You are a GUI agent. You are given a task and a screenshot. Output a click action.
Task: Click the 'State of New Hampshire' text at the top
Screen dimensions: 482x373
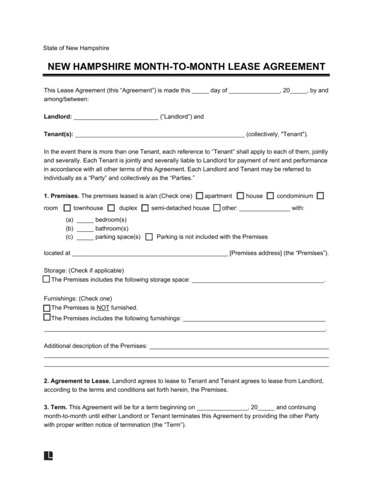(x=76, y=48)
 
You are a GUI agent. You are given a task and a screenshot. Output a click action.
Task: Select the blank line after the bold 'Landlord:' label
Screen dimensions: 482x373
(x=116, y=116)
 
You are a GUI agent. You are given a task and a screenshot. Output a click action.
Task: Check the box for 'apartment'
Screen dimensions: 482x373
(x=200, y=196)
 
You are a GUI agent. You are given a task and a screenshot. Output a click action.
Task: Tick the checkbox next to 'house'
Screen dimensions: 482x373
(x=240, y=196)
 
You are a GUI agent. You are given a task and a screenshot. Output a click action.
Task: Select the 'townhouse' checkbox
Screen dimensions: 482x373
(x=67, y=208)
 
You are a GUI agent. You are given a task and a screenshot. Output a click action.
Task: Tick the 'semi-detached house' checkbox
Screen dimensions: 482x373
(x=146, y=208)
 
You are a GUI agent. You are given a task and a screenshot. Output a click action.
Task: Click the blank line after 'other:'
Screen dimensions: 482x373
(x=264, y=208)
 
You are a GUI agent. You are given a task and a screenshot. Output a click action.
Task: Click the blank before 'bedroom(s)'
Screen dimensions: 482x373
(x=85, y=221)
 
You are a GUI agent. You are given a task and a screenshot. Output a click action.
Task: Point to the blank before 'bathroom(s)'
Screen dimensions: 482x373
(x=85, y=229)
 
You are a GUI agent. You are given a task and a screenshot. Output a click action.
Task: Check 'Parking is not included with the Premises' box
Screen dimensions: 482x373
(x=149, y=237)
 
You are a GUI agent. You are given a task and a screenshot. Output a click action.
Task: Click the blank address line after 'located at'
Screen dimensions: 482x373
(x=149, y=254)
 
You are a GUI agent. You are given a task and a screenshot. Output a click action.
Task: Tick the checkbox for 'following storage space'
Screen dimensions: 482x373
(x=47, y=279)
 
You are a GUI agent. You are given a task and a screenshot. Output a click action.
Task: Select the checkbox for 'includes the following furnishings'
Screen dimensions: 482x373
(x=47, y=318)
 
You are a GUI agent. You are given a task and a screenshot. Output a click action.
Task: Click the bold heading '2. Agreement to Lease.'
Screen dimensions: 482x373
(x=76, y=380)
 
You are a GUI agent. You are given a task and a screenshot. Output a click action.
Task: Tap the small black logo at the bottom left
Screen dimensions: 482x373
(x=48, y=455)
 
